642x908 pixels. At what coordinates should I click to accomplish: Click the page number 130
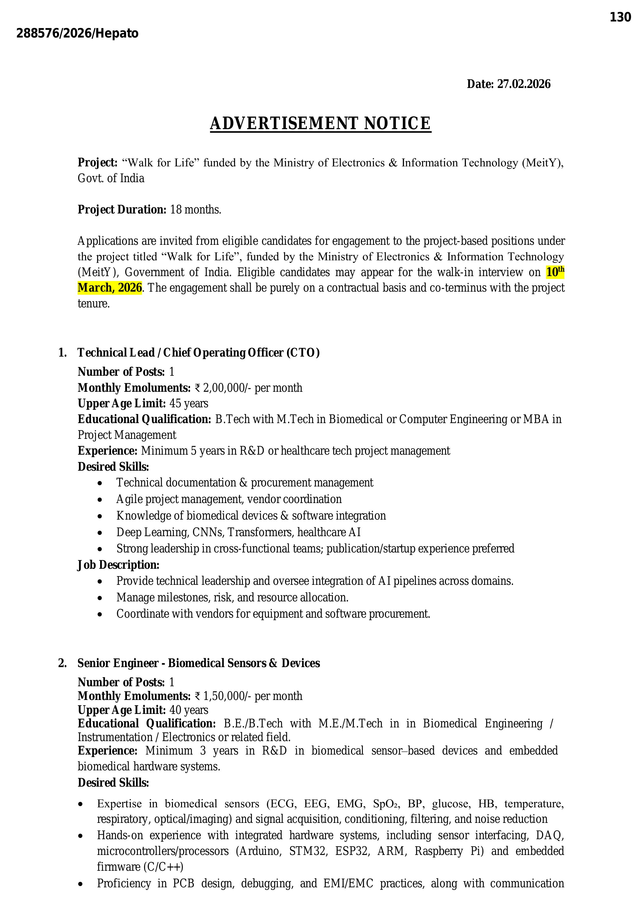pyautogui.click(x=620, y=17)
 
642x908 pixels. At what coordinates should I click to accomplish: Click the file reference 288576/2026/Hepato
pyautogui.click(x=78, y=34)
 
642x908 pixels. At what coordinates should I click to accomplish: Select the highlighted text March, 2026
pyautogui.click(x=109, y=288)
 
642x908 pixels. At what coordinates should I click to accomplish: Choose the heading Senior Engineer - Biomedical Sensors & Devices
pyautogui.click(x=198, y=663)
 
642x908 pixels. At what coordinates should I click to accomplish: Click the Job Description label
pyautogui.click(x=118, y=565)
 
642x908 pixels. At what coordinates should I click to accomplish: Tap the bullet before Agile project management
pyautogui.click(x=100, y=500)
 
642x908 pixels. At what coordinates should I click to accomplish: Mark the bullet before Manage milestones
pyautogui.click(x=100, y=598)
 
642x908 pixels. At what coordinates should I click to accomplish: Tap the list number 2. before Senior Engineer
pyautogui.click(x=62, y=663)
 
